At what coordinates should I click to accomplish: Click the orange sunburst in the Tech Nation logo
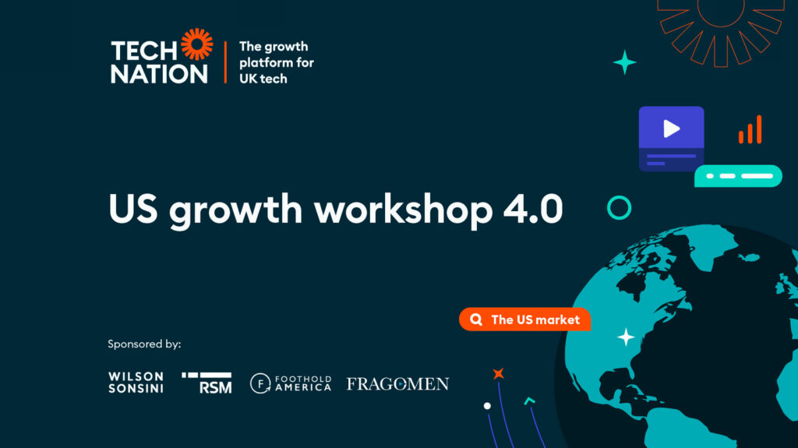tap(197, 44)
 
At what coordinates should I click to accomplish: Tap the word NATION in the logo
tap(159, 74)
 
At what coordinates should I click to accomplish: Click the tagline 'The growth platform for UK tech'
tap(277, 62)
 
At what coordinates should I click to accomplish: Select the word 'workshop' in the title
tap(403, 210)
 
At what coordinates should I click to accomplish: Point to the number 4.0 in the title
tap(533, 209)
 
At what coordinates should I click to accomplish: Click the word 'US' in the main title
tap(133, 209)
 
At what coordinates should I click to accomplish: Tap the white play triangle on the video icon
tap(672, 129)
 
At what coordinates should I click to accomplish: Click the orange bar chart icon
tap(750, 129)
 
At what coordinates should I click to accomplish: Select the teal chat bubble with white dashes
tap(739, 175)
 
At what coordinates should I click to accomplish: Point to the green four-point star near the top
tap(624, 62)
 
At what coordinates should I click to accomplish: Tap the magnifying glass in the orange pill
tap(476, 319)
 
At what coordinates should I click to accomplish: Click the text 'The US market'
tap(535, 319)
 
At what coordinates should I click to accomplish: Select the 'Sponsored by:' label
tap(144, 344)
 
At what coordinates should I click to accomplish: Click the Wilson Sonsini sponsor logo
tap(136, 383)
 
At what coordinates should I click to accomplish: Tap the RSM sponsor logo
tap(207, 383)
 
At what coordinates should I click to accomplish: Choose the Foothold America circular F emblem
tap(260, 383)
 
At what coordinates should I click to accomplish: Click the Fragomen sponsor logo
tap(397, 383)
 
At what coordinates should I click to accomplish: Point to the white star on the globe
tap(626, 337)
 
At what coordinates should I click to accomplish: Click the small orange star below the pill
tap(498, 374)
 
